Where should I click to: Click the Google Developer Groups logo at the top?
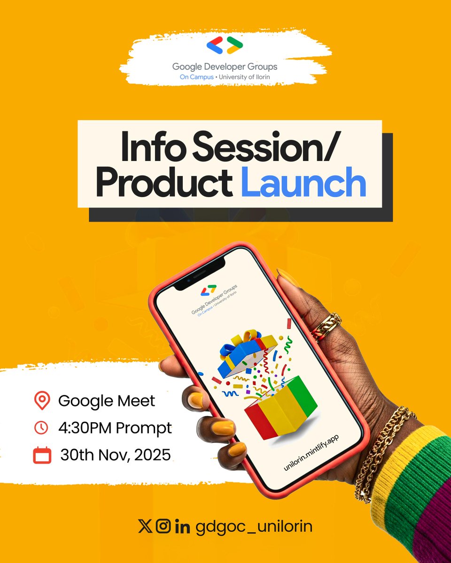(x=225, y=46)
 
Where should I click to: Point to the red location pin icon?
(x=42, y=401)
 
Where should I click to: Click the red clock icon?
(x=42, y=428)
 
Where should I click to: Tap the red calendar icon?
(x=42, y=456)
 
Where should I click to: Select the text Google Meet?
(x=107, y=401)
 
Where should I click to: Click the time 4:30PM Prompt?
(x=116, y=428)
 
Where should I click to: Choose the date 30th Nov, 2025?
(x=116, y=455)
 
